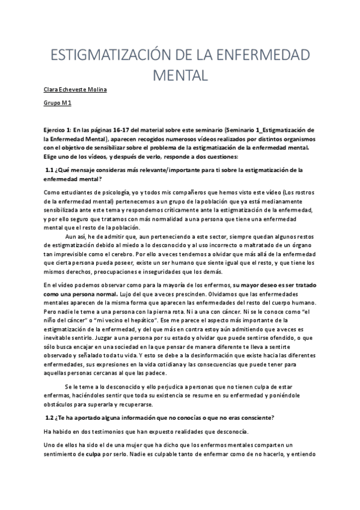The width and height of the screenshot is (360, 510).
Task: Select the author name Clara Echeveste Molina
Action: point(75,90)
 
